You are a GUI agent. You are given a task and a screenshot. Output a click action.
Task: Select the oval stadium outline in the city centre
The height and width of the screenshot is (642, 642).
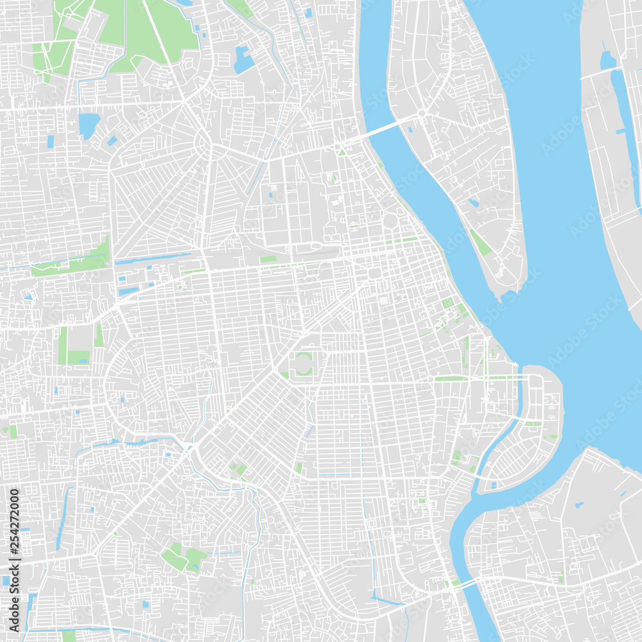302,364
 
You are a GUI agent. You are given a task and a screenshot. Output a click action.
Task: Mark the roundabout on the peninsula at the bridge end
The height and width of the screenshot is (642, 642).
422,114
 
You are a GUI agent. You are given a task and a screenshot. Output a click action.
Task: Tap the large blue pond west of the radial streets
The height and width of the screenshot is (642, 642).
89,125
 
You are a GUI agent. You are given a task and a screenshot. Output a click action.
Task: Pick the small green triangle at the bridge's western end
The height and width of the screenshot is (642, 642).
342,152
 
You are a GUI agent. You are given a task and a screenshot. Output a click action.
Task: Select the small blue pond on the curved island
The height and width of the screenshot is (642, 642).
493,485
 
